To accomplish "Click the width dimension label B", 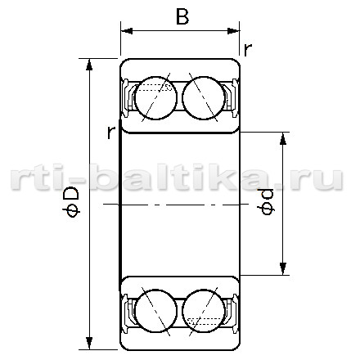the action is click(182, 16).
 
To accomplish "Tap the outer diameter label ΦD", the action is click(71, 202).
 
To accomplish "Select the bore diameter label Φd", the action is click(267, 201).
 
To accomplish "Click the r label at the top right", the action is click(247, 50).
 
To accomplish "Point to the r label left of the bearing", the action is click(110, 133).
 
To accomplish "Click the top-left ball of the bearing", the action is click(155, 98).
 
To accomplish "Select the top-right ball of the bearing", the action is click(204, 98).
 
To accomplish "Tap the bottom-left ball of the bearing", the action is click(155, 311).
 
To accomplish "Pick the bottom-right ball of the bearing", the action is click(204, 311).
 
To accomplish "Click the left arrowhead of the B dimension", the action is click(127, 31).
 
